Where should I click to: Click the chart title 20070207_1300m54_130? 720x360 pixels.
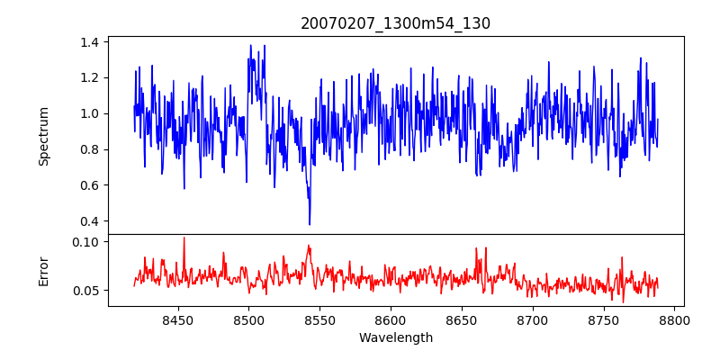click(x=395, y=23)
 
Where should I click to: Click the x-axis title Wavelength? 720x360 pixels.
click(x=395, y=338)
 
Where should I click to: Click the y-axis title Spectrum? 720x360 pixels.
click(x=43, y=136)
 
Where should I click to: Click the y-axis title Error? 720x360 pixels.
click(x=43, y=270)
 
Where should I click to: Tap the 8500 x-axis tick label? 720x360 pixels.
click(x=248, y=319)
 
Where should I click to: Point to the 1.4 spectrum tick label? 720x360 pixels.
click(x=90, y=42)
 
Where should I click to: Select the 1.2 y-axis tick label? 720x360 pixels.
click(x=90, y=77)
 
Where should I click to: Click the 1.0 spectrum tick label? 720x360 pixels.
click(x=90, y=113)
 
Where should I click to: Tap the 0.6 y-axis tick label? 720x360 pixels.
click(x=90, y=185)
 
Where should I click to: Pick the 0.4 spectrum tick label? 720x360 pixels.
click(x=90, y=221)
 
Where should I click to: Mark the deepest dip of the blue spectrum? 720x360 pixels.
click(x=310, y=224)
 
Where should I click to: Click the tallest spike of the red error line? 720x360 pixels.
click(x=184, y=238)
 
